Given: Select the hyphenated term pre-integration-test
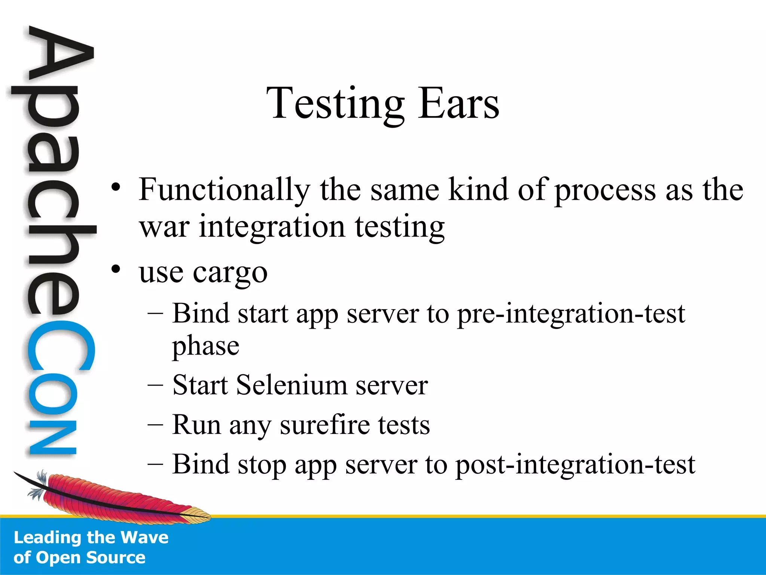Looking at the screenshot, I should [571, 314].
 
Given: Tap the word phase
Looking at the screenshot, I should [205, 347].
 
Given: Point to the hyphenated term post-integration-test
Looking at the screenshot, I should [575, 465].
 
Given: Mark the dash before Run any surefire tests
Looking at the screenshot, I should [155, 425].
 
